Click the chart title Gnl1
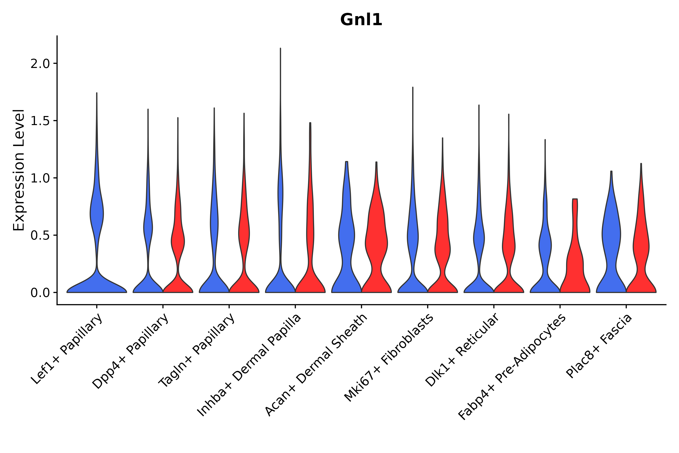pos(361,20)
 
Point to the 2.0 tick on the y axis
pos(40,64)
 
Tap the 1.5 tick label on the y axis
pos(40,121)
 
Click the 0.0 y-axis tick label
pos(40,293)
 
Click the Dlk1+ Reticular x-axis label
pos(462,351)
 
